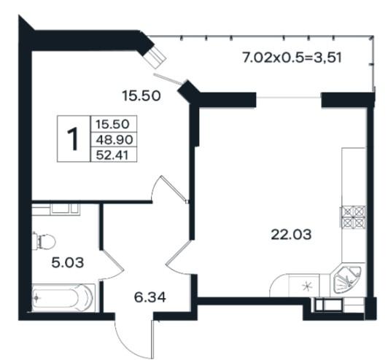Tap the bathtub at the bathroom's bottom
pos(63,298)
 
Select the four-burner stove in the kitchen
pos(353,216)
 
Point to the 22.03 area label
pos(291,235)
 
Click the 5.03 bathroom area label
pos(68,262)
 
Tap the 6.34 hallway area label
pos(150,297)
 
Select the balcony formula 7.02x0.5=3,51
pos(292,58)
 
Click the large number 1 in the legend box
pos(73,139)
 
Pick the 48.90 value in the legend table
pos(115,140)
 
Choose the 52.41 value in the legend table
pos(112,155)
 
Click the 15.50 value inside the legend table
pos(112,124)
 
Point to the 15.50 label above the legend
pos(141,96)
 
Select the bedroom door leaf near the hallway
pos(174,189)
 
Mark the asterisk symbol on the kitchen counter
pos(308,286)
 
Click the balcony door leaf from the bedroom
pos(168,78)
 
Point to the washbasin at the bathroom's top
pos(65,208)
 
